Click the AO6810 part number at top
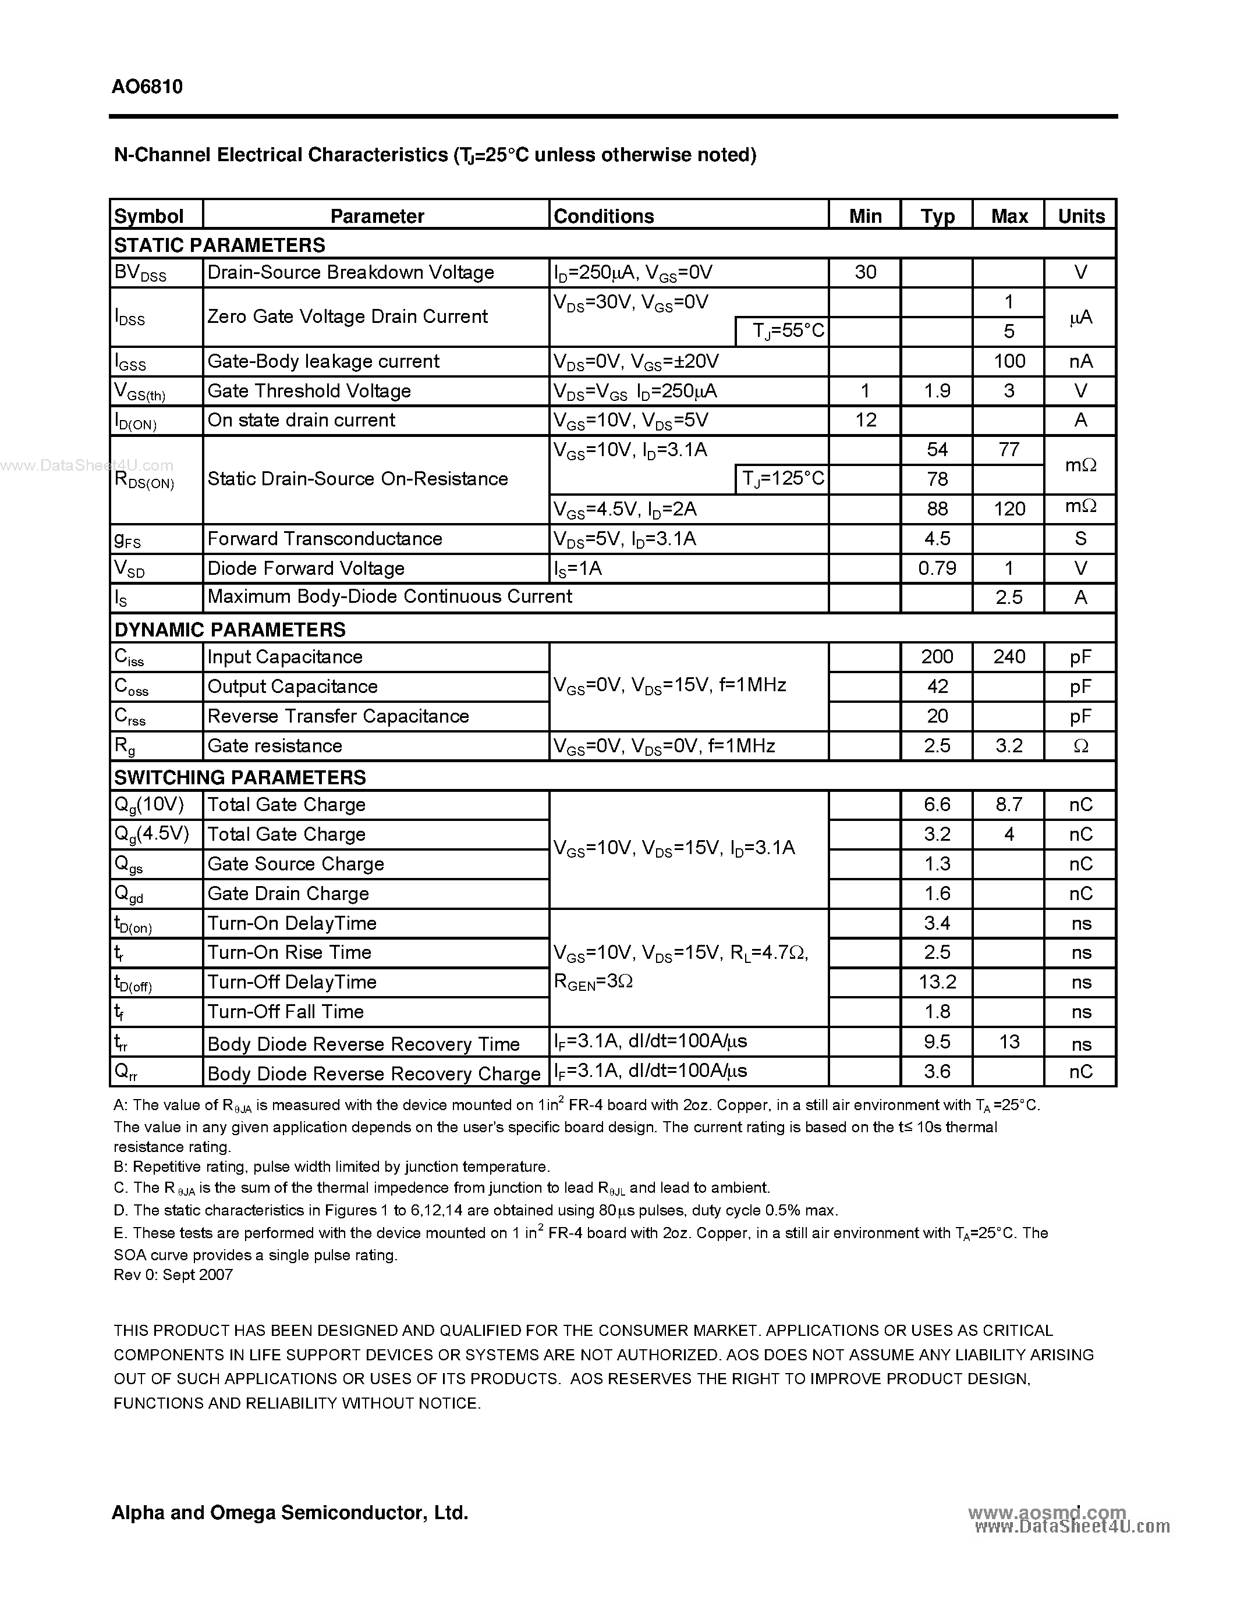point(147,87)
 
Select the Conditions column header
point(603,216)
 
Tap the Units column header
point(1080,216)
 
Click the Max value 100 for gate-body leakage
point(1008,361)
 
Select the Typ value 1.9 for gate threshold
point(937,390)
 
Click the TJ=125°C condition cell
point(782,479)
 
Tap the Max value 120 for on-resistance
point(1008,509)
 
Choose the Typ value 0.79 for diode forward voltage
point(937,568)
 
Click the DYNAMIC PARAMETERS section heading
point(229,630)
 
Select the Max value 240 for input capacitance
point(1008,656)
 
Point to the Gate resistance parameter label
point(275,746)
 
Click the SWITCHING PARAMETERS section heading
point(240,777)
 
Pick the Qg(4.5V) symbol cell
point(152,834)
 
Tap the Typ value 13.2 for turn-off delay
point(937,982)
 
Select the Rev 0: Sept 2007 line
point(173,1275)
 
